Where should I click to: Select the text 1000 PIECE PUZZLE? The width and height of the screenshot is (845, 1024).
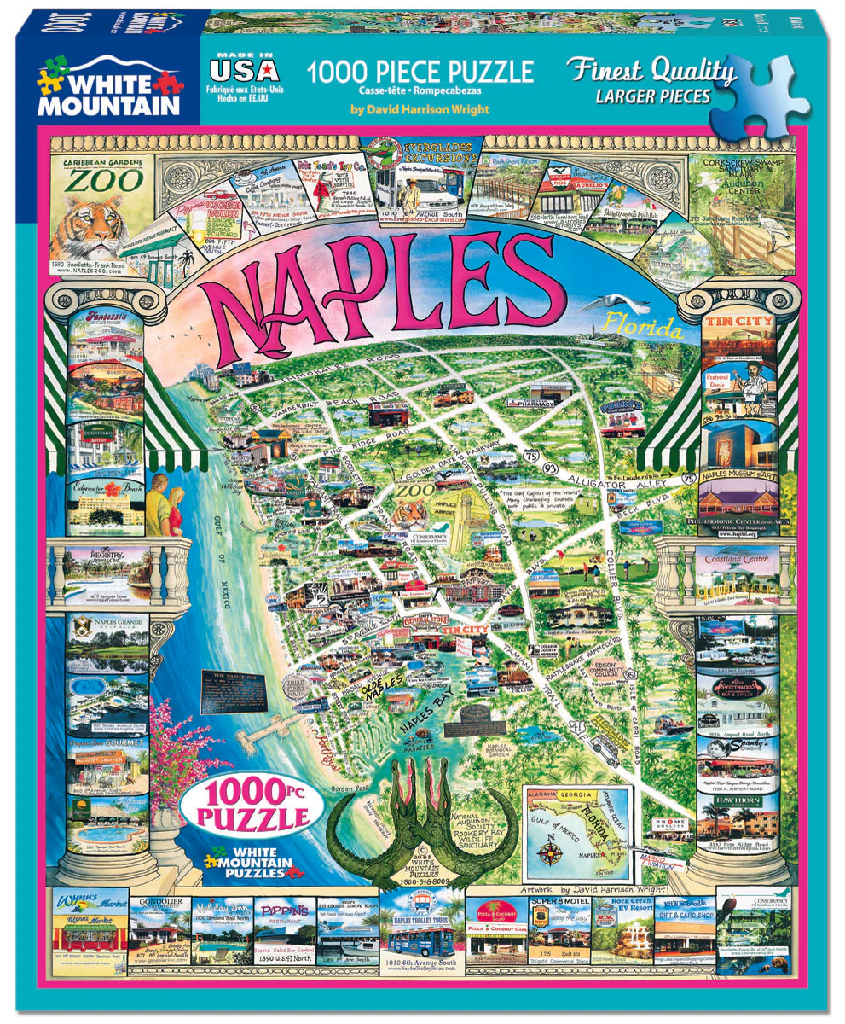click(421, 70)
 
